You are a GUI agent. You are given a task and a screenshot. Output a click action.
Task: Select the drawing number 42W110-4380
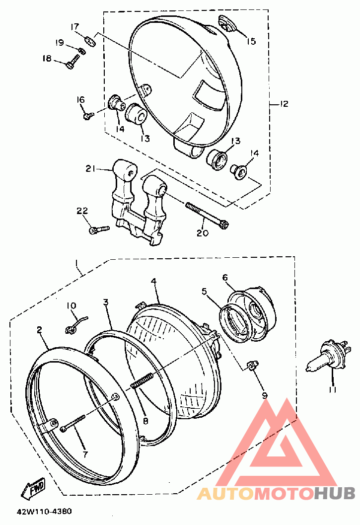coord(44,512)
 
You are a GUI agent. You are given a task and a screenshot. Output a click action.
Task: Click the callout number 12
coord(284,104)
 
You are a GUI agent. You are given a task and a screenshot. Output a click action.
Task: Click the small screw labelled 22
coord(99,229)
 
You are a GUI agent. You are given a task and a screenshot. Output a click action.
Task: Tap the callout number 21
coord(90,169)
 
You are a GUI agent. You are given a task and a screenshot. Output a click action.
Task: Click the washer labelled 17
coord(90,40)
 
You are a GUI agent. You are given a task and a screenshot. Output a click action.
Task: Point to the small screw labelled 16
coord(88,116)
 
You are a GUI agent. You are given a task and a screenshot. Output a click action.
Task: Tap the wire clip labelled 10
coord(75,325)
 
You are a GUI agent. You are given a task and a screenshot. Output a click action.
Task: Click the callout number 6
coord(225,277)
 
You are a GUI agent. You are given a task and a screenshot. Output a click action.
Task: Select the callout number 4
coord(154,281)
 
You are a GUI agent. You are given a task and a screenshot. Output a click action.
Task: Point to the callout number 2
coord(40,330)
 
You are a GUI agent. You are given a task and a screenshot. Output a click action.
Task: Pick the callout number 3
coord(106,302)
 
